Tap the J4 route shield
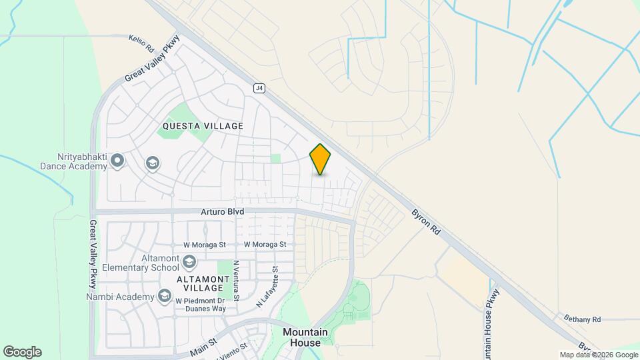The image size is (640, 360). coord(259,87)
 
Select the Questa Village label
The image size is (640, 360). coord(203,125)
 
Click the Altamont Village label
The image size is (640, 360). coord(199,283)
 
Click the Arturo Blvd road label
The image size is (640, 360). coord(223,211)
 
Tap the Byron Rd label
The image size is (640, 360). coord(426,222)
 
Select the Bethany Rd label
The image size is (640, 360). coord(582,319)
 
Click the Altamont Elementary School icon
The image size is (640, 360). coord(189,261)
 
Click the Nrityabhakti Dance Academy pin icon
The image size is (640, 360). coord(118,160)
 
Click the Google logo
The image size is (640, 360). coord(22,352)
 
